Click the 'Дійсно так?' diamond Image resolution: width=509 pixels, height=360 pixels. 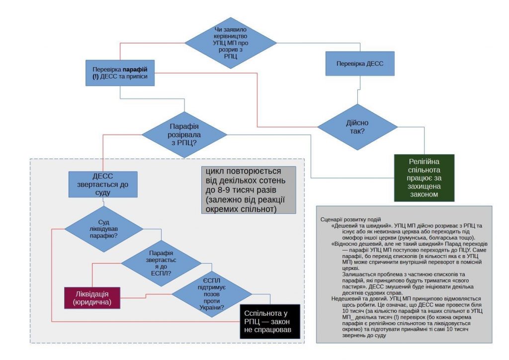tap(357, 127)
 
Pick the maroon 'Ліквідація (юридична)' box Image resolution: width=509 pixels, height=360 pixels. tap(92, 297)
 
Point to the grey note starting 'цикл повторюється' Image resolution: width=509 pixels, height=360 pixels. tap(248, 189)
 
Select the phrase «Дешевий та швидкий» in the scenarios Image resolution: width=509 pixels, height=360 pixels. tap(356, 226)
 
